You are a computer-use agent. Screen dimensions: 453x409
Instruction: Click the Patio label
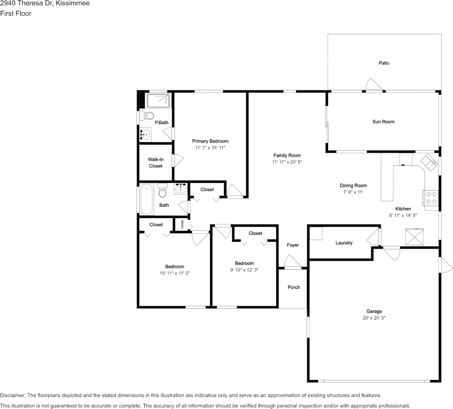pyautogui.click(x=384, y=63)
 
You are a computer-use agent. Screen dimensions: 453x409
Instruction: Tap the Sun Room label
pyautogui.click(x=383, y=121)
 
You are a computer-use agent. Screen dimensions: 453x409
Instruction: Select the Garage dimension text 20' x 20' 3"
pyautogui.click(x=374, y=318)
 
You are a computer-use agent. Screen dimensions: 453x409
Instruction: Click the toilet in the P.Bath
pyautogui.click(x=147, y=116)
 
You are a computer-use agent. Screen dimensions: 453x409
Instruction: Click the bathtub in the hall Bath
pyautogui.click(x=147, y=199)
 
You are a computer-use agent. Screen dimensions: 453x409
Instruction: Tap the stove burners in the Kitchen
pyautogui.click(x=431, y=198)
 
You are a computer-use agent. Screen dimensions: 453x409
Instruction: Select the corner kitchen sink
pyautogui.click(x=429, y=162)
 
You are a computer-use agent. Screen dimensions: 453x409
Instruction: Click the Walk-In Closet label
pyautogui.click(x=156, y=163)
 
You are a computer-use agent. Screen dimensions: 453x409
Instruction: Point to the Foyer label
pyautogui.click(x=293, y=245)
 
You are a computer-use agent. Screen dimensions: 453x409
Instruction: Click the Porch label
pyautogui.click(x=293, y=288)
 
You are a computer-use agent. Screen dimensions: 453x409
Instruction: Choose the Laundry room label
pyautogui.click(x=344, y=243)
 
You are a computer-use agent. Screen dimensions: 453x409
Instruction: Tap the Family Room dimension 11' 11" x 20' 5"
pyautogui.click(x=287, y=162)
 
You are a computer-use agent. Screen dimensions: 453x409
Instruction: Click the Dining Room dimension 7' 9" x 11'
pyautogui.click(x=353, y=192)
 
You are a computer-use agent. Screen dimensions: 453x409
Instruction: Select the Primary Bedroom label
pyautogui.click(x=211, y=141)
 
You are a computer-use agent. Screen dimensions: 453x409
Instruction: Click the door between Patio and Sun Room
pyautogui.click(x=374, y=85)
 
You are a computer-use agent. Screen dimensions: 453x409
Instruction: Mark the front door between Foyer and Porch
pyautogui.click(x=293, y=263)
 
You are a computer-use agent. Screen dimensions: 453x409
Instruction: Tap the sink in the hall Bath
pyautogui.click(x=181, y=189)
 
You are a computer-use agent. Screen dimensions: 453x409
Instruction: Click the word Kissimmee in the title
pyautogui.click(x=76, y=3)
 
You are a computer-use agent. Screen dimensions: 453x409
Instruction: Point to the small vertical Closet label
pyautogui.click(x=182, y=224)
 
